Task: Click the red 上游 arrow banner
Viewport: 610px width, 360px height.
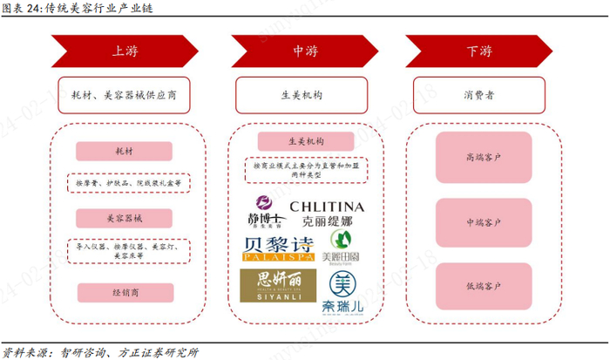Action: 119,50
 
